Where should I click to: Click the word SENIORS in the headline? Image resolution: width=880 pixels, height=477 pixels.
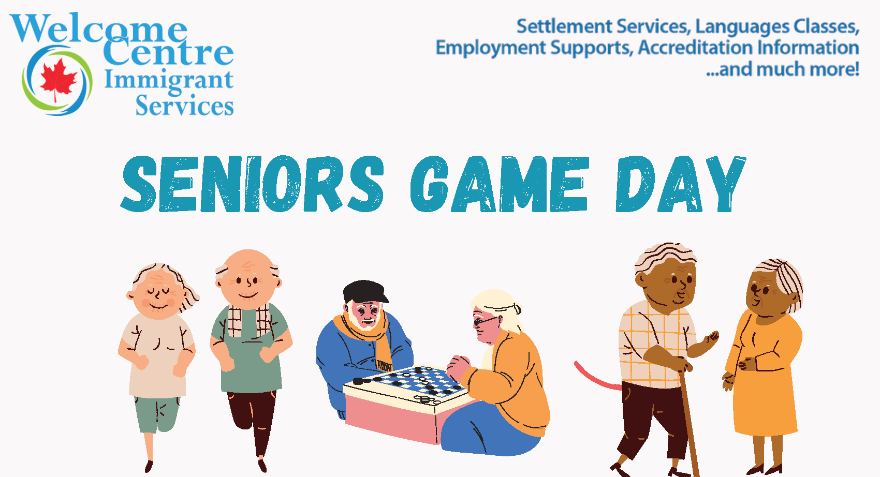point(252,184)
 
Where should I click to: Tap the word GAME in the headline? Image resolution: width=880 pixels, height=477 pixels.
point(500,184)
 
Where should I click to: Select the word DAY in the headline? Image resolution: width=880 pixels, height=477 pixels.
point(680,184)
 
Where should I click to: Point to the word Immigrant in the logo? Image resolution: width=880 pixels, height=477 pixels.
point(169,81)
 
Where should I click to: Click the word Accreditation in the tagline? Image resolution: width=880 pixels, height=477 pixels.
point(695,48)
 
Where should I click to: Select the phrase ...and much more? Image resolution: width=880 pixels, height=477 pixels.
point(783,69)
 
